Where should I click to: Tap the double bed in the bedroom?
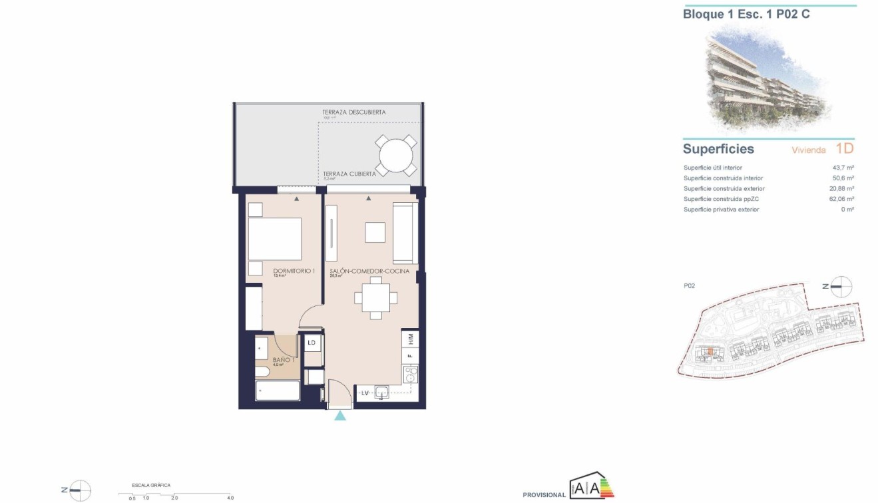(x=274, y=240)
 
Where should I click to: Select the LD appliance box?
(x=312, y=343)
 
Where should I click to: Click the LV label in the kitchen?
(x=365, y=394)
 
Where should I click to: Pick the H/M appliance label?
(x=411, y=339)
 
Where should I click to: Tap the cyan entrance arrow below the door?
(x=340, y=416)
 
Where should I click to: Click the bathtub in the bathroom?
(x=278, y=390)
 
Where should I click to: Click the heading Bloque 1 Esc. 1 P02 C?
(x=746, y=14)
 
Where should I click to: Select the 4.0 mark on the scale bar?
(x=230, y=498)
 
